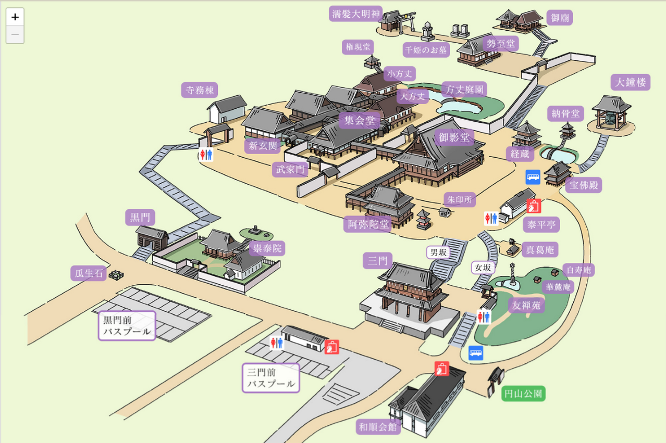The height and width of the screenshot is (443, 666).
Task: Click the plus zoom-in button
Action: tap(15, 17)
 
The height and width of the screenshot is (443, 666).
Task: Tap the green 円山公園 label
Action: tap(523, 394)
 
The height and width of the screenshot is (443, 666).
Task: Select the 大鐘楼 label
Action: tap(631, 82)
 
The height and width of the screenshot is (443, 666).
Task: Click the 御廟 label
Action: tap(560, 18)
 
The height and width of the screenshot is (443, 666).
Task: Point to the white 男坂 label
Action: tap(438, 252)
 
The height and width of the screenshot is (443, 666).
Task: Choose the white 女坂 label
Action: tap(483, 268)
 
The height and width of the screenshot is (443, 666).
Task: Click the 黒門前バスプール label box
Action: tap(127, 326)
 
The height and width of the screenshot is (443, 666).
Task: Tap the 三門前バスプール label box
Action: tap(271, 378)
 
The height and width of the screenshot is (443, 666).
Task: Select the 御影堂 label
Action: tap(454, 137)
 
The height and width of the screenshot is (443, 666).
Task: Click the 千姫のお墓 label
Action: tap(426, 50)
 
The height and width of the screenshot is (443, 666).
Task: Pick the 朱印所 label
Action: tap(460, 199)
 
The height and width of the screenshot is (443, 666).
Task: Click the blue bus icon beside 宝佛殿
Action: tap(533, 178)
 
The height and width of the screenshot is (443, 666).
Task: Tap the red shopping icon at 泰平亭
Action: tap(534, 206)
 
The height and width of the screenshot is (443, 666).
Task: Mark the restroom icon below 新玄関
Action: tap(206, 155)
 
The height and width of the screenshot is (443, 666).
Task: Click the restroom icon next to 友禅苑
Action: tap(484, 317)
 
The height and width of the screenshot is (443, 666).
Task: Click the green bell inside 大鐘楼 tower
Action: tap(611, 119)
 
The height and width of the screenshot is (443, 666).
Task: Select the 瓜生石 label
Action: tap(89, 273)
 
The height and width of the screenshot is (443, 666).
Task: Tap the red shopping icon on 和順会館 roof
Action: tap(442, 369)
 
